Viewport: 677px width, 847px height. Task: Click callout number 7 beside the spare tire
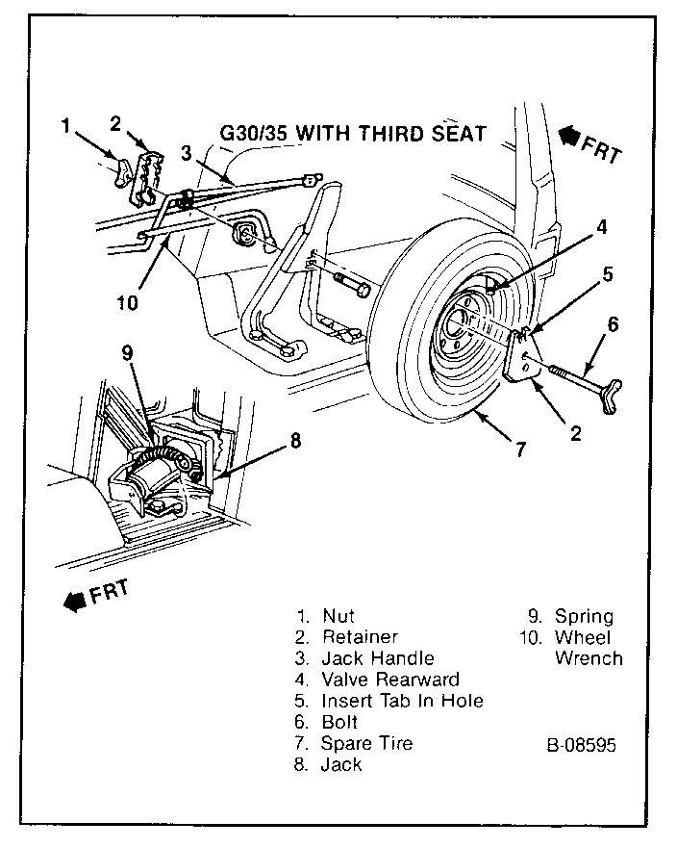(520, 449)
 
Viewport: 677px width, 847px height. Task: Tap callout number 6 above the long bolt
(613, 325)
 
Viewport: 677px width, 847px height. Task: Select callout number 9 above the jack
(126, 352)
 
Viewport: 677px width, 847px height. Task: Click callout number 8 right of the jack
(296, 442)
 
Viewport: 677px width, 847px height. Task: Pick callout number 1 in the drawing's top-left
(66, 125)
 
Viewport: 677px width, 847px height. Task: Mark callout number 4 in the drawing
(600, 228)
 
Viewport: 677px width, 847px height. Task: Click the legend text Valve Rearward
(390, 680)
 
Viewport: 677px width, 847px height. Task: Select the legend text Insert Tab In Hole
(402, 701)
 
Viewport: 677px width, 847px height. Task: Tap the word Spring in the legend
(584, 617)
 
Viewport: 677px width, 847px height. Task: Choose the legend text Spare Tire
(366, 743)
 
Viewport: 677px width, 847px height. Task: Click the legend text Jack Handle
(378, 658)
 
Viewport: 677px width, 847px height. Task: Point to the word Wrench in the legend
(589, 659)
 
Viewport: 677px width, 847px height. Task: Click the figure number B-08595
(581, 745)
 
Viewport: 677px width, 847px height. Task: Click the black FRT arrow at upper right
(566, 143)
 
